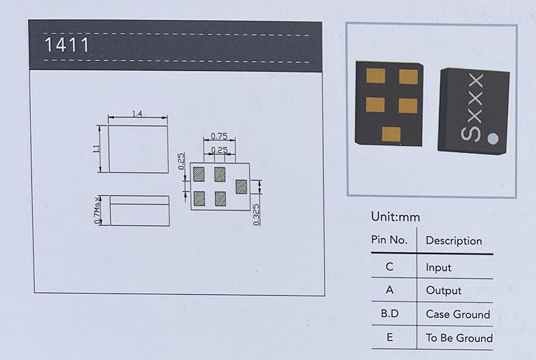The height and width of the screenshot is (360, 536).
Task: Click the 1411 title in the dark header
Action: pyautogui.click(x=66, y=46)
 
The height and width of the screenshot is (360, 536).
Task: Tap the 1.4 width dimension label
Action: pyautogui.click(x=137, y=114)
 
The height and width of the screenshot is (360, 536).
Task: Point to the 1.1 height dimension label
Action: pyautogui.click(x=97, y=149)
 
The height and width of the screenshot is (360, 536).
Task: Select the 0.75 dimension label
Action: pyautogui.click(x=218, y=136)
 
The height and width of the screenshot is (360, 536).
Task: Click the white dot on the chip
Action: pyautogui.click(x=493, y=139)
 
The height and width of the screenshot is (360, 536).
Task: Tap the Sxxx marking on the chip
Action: pyautogui.click(x=473, y=109)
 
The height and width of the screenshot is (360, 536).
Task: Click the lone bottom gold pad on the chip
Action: pyautogui.click(x=391, y=133)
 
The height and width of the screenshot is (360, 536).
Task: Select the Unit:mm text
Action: pyautogui.click(x=395, y=217)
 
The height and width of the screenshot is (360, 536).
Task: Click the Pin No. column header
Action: pyautogui.click(x=389, y=240)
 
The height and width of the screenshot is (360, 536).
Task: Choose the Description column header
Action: pyautogui.click(x=454, y=241)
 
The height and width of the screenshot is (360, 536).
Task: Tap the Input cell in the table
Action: pyautogui.click(x=438, y=267)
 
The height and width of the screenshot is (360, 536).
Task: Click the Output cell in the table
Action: pyautogui.click(x=444, y=291)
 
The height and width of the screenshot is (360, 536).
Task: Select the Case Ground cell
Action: pyautogui.click(x=458, y=314)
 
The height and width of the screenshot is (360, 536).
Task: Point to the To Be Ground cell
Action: pyautogui.click(x=459, y=338)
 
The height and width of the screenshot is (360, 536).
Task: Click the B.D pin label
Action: pyautogui.click(x=389, y=314)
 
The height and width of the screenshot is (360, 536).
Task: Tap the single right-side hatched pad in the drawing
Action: pyautogui.click(x=241, y=185)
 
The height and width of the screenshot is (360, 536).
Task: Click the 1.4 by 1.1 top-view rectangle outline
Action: pyautogui.click(x=138, y=149)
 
